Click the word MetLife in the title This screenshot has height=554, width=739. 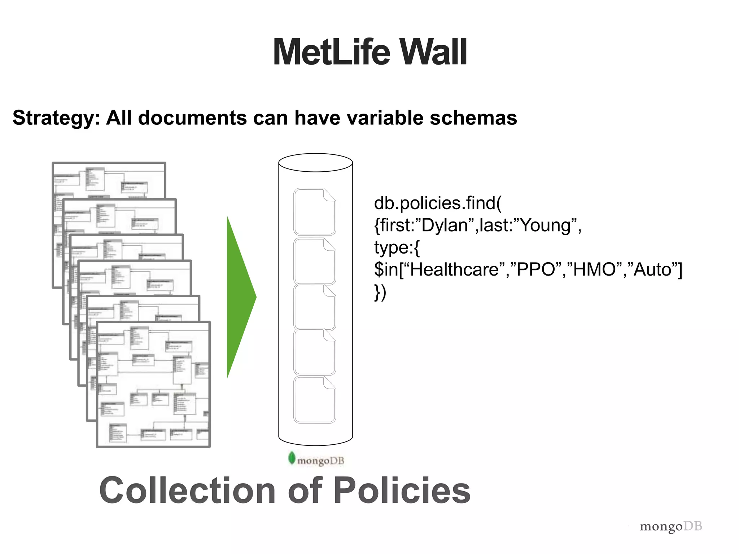331,52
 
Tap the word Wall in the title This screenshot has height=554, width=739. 433,52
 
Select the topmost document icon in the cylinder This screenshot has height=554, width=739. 315,212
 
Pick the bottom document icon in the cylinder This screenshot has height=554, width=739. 315,400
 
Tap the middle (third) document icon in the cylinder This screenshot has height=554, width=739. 315,307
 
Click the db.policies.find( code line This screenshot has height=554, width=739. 437,203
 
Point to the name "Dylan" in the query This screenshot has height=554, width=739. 444,225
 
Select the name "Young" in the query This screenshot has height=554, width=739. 545,225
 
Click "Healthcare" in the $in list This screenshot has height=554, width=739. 454,269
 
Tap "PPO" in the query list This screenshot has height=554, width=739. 535,269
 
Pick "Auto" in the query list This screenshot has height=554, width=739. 652,269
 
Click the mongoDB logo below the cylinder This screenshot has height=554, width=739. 316,460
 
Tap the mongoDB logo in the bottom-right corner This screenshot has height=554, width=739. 671,527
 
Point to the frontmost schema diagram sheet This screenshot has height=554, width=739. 153,384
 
